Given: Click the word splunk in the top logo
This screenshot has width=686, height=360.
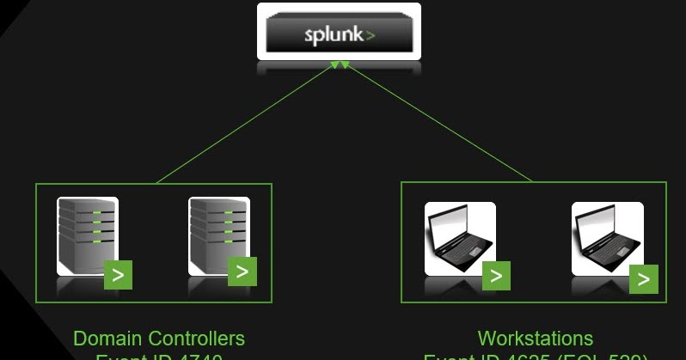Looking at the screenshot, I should tap(333, 36).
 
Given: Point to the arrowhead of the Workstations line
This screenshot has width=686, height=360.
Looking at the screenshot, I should tap(345, 65).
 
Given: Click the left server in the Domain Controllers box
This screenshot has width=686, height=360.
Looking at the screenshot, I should tap(87, 236).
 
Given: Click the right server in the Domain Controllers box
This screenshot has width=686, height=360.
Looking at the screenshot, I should tap(218, 236).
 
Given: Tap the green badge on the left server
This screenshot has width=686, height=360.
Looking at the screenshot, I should tap(118, 276).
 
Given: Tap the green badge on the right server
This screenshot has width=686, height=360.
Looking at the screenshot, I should tap(242, 272).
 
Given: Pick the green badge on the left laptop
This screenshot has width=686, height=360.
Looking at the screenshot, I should tap(496, 277).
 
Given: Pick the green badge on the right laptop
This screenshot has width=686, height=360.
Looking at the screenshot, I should tap(644, 278).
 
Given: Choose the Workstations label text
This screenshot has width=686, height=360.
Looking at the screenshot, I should tap(535, 339).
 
